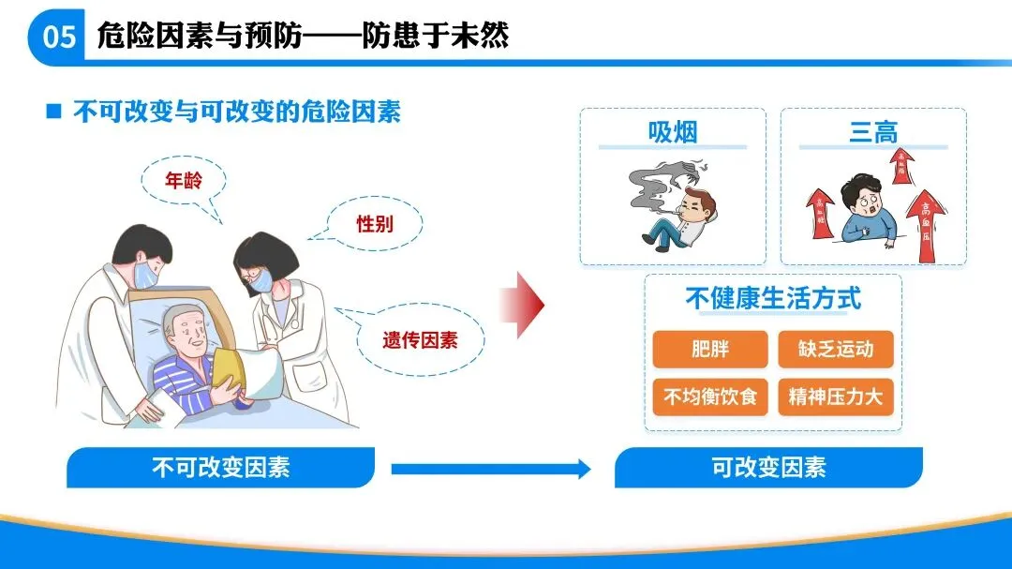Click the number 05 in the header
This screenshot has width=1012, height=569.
click(x=58, y=37)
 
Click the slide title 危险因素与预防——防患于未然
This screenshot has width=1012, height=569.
click(x=303, y=37)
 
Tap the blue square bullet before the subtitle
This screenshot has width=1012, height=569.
click(x=53, y=112)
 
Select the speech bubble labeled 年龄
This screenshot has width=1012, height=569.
click(x=184, y=182)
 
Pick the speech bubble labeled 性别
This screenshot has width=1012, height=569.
click(x=375, y=225)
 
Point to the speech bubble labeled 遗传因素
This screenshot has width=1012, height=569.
click(x=420, y=339)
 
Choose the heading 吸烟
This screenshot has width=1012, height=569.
click(x=673, y=132)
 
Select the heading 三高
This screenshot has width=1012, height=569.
click(x=873, y=133)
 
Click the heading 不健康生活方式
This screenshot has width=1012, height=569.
click(x=773, y=299)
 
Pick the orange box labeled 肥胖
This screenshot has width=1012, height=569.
click(x=709, y=350)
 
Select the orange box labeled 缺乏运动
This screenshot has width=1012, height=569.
click(x=836, y=350)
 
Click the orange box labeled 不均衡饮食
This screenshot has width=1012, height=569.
click(x=709, y=397)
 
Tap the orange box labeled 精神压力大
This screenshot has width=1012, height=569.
click(x=836, y=397)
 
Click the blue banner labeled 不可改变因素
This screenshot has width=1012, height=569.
click(x=220, y=467)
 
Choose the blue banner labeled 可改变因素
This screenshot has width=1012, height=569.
click(x=768, y=467)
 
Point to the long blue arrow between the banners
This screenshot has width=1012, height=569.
click(x=490, y=468)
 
